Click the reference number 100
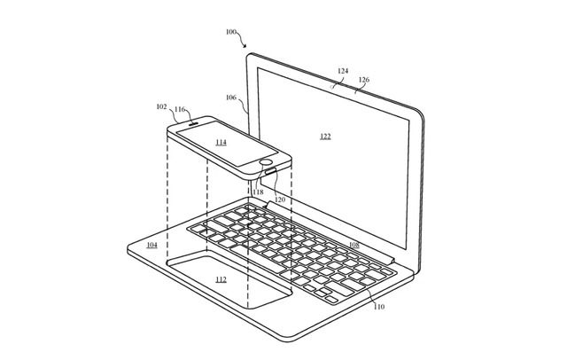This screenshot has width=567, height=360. pos(230,32)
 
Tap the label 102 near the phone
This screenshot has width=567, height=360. pos(161,106)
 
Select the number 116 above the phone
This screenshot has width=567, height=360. pos(180,109)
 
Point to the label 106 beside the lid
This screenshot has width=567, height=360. pos(231,98)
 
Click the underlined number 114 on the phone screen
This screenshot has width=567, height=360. pos(221,142)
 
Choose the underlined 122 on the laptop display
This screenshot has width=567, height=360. pos(325,136)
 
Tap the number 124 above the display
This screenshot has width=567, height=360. pos(343,71)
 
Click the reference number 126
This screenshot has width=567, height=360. pos(364,80)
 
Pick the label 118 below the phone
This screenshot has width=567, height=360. pos(258,192)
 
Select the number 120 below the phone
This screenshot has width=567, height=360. pos(280,200)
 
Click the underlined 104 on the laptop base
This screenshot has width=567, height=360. pos(151,245)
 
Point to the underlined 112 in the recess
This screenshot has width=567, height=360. pos(221,279)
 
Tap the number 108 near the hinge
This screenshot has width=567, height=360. pos(354,245)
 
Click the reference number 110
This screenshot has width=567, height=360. pos(379,307)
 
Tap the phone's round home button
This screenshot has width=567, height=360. pos(267,162)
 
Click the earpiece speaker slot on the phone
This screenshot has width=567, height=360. pos(194,122)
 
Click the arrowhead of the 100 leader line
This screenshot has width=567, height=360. pos(245,46)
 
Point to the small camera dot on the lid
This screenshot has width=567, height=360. pos(332,87)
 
